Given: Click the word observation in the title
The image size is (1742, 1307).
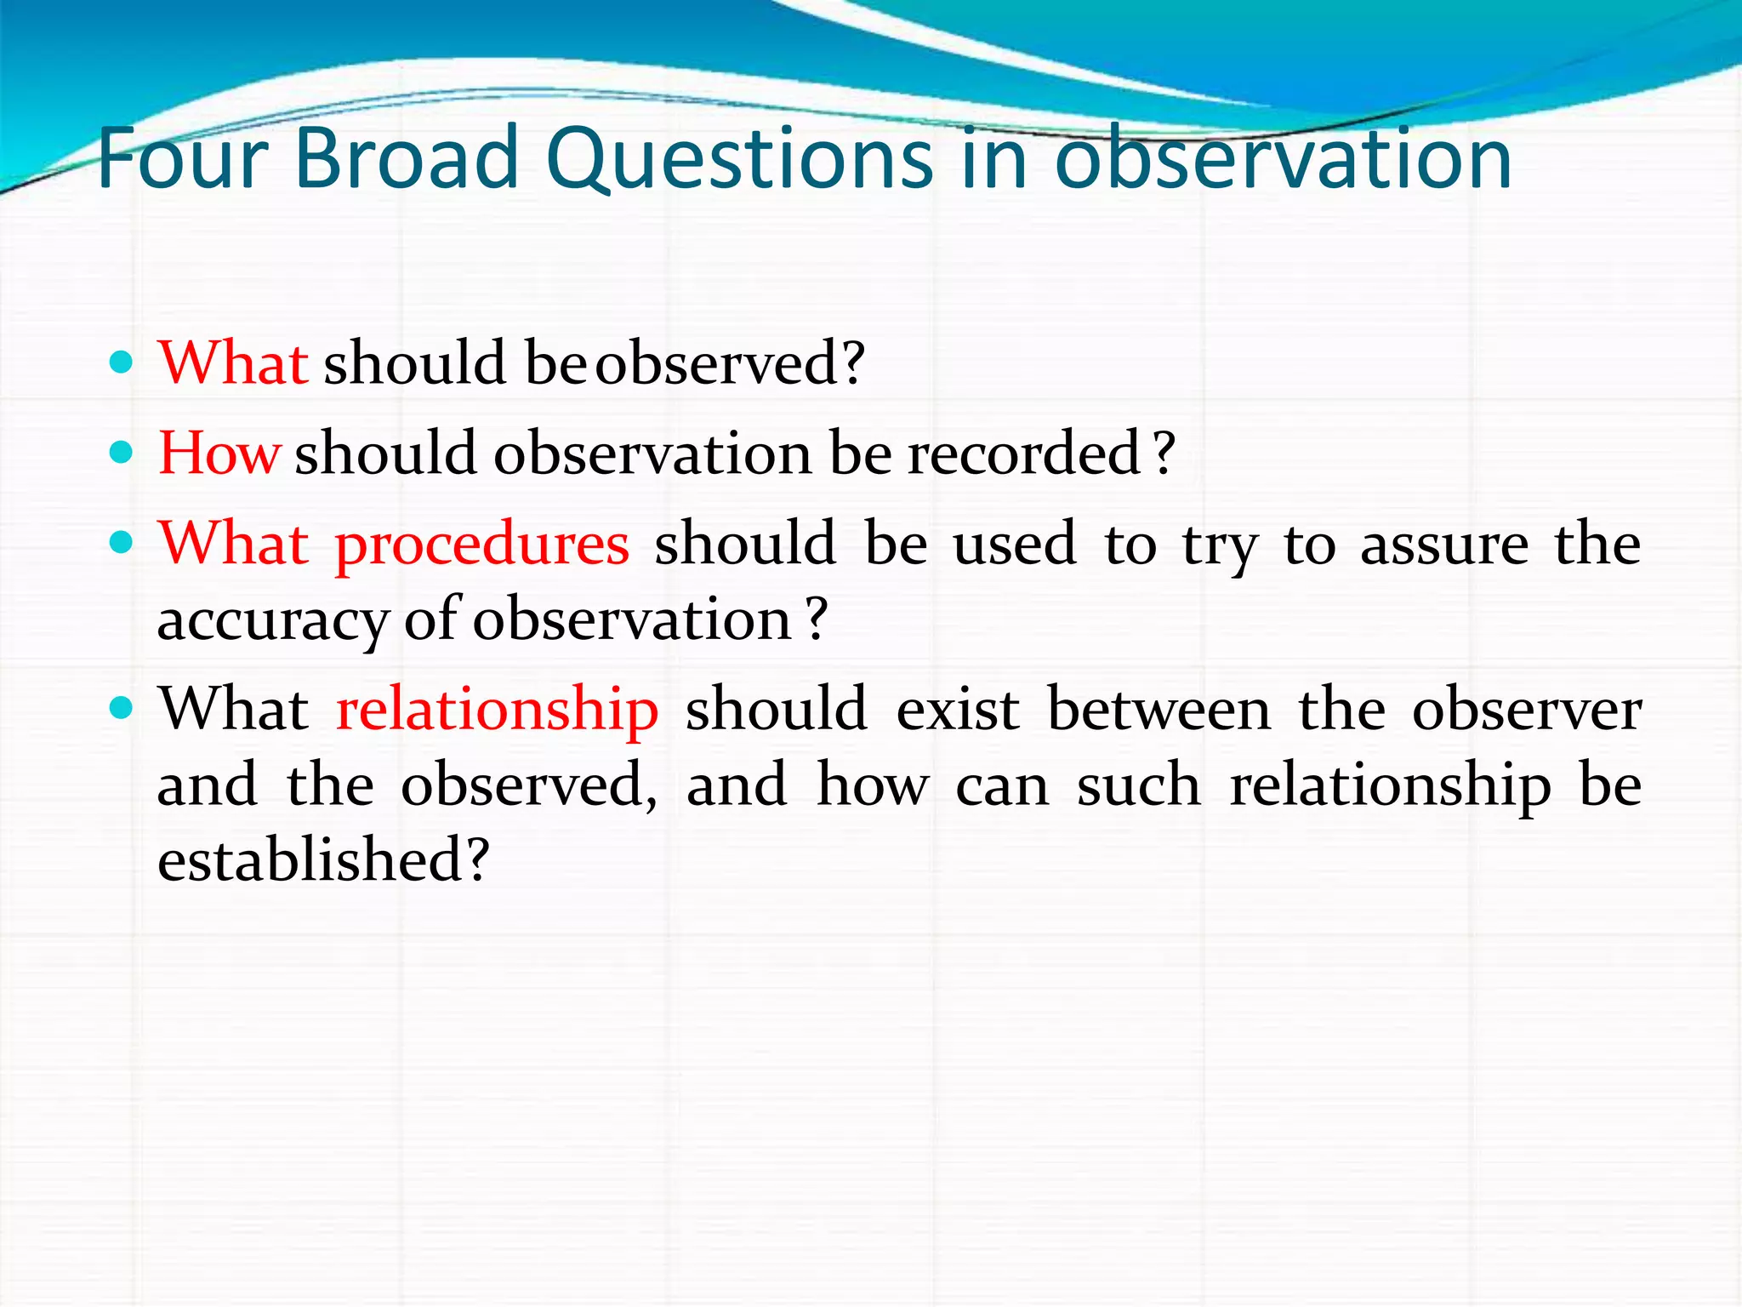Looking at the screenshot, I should pyautogui.click(x=1283, y=159).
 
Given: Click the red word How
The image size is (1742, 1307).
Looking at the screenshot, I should pyautogui.click(x=219, y=453).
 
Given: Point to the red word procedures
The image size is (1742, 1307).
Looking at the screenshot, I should pyautogui.click(x=482, y=544).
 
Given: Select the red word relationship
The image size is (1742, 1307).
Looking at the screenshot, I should pyautogui.click(x=498, y=709).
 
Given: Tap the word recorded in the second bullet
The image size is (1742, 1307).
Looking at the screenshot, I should pyautogui.click(x=1024, y=453).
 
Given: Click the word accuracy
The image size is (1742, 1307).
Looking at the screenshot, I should pyautogui.click(x=272, y=619).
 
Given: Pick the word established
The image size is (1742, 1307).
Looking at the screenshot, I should pyautogui.click(x=310, y=859).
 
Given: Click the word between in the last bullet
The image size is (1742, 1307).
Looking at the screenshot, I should pyautogui.click(x=1158, y=709).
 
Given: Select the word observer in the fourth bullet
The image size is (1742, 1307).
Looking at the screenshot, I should pyautogui.click(x=1527, y=709).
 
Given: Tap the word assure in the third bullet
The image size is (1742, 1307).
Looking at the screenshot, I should pyautogui.click(x=1444, y=544).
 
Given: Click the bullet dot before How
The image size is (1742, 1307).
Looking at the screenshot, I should pyautogui.click(x=122, y=452).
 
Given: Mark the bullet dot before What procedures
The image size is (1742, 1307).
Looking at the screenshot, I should pyautogui.click(x=122, y=542).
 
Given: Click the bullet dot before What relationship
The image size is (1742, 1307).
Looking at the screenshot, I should pyautogui.click(x=122, y=707).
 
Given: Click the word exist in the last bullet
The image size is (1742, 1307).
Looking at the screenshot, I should pyautogui.click(x=958, y=709).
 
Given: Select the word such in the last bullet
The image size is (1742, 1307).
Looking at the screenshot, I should pyautogui.click(x=1139, y=785).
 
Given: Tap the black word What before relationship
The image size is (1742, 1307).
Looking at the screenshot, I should pyautogui.click(x=234, y=709).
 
